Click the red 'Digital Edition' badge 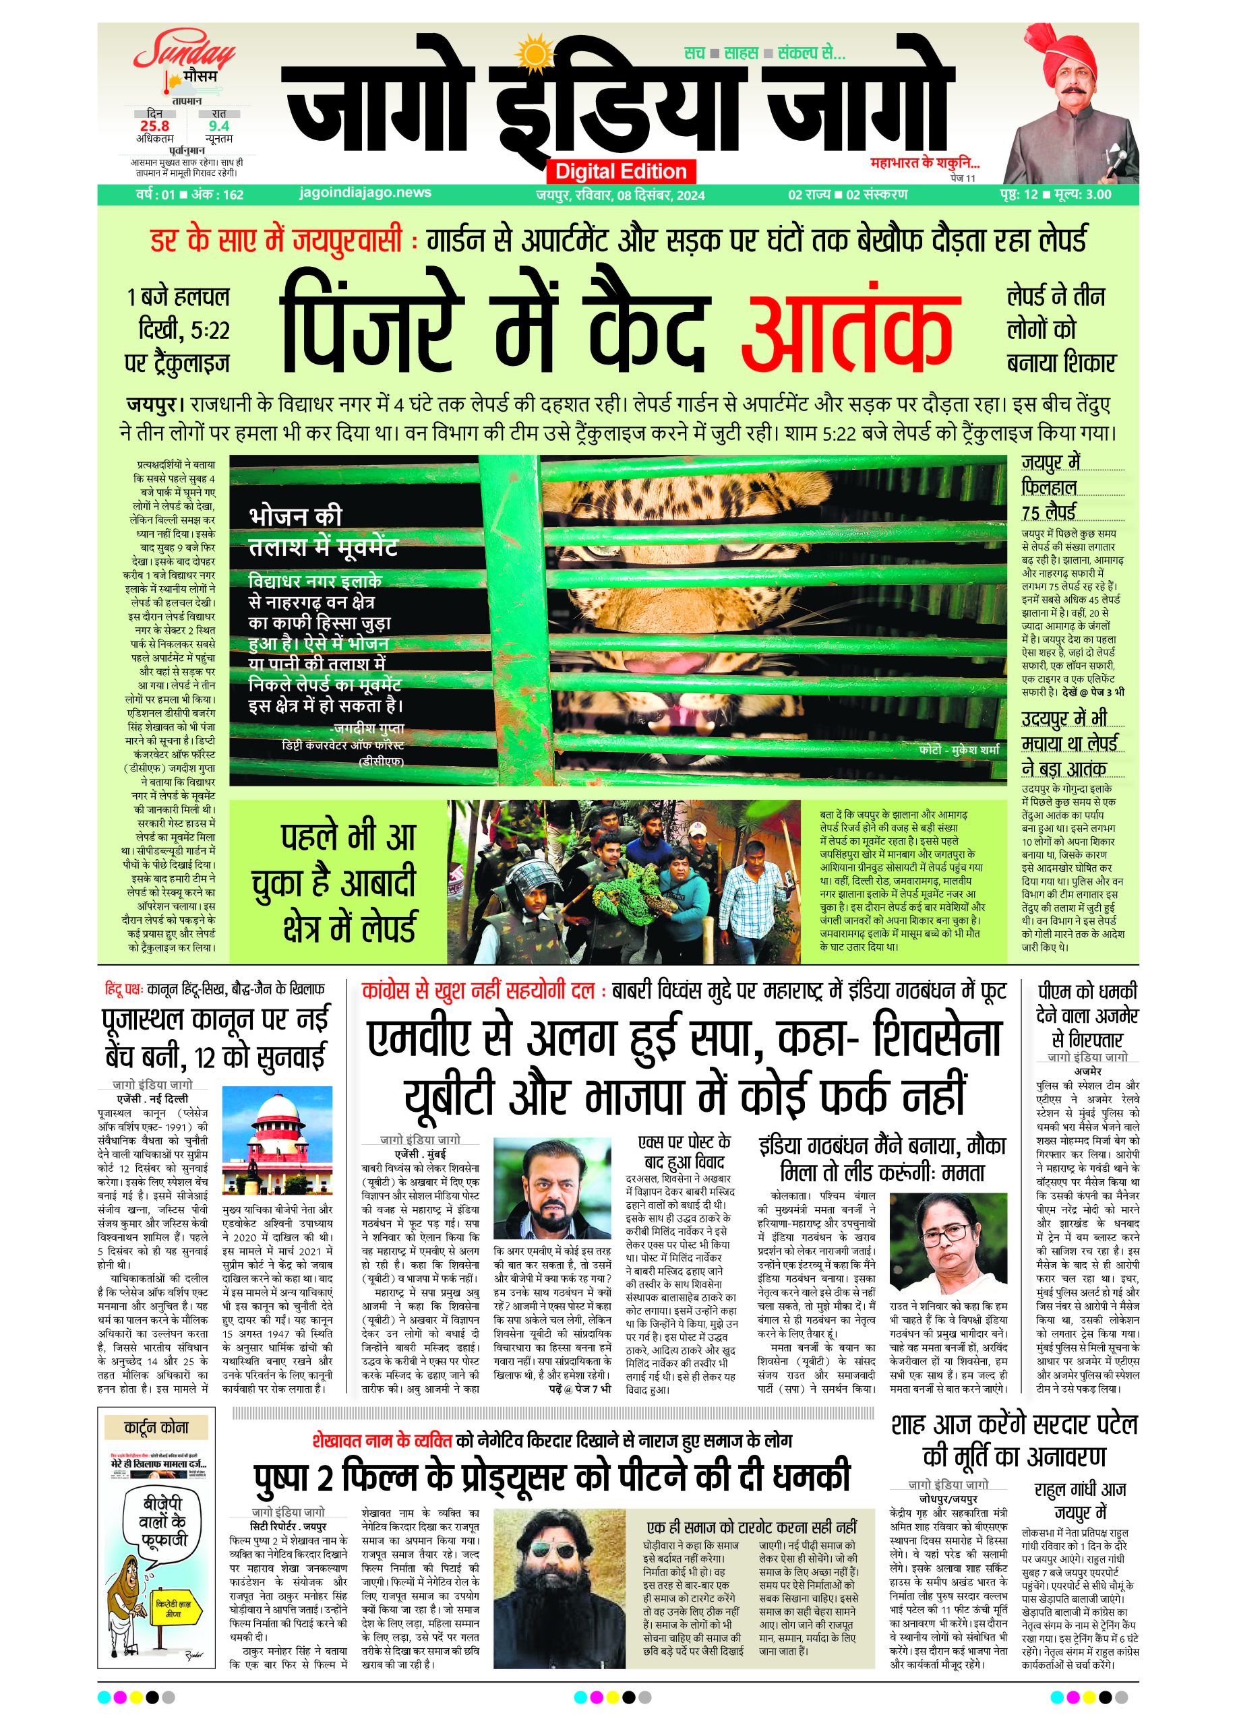(x=621, y=170)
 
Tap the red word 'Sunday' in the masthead (x=185, y=55)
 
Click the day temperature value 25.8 (x=154, y=126)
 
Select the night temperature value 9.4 (x=218, y=126)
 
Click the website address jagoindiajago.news (x=365, y=193)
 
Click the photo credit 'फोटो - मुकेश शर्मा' (x=958, y=749)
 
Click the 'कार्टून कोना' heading (x=156, y=1427)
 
